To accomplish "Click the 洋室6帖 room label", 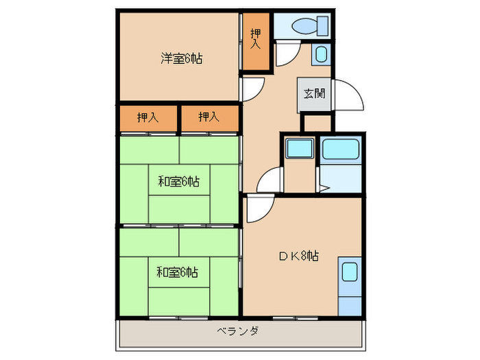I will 181,58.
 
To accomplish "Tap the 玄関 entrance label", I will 315,95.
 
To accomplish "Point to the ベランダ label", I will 238,332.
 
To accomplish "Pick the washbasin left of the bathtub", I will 298,149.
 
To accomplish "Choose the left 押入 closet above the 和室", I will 148,117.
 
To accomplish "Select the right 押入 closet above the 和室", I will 209,117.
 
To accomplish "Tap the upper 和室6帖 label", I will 178,182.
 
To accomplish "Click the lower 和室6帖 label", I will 177,272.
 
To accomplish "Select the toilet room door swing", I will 287,53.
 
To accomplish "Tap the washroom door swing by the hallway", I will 269,180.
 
